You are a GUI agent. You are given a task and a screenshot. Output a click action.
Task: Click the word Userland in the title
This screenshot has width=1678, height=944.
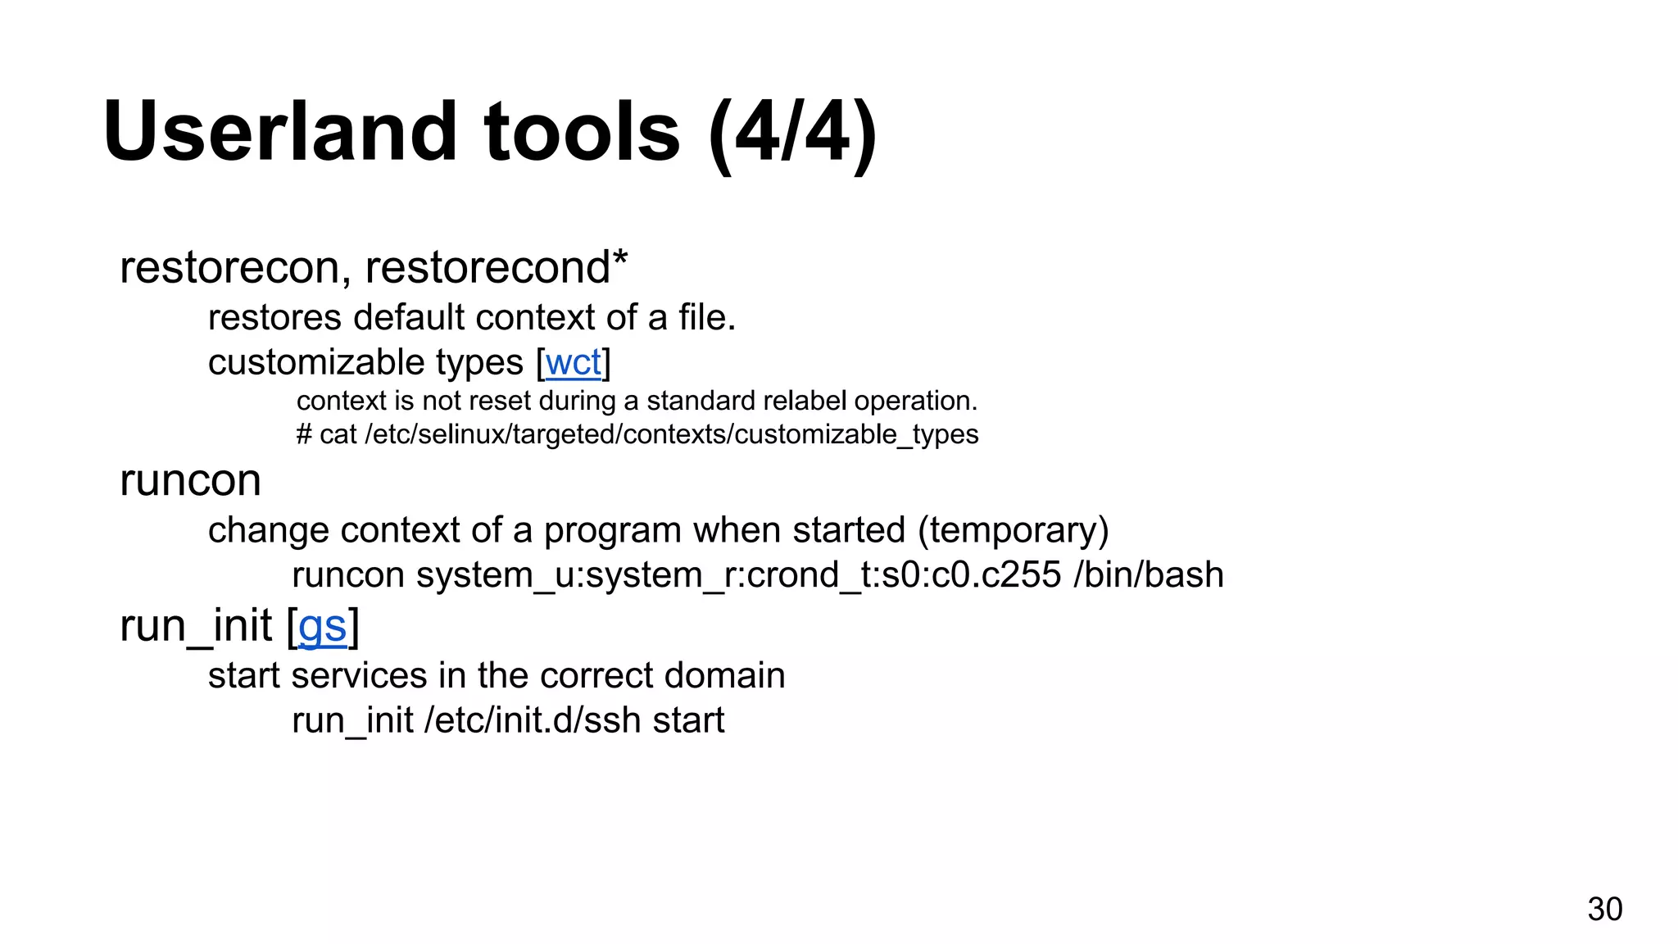tap(279, 132)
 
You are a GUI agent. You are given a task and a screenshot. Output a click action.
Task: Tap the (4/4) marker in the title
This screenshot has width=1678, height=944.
tap(792, 134)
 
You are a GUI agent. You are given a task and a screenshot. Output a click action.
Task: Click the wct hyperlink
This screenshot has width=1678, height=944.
tap(573, 363)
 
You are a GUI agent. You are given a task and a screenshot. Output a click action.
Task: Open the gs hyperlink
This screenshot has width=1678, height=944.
tap(322, 627)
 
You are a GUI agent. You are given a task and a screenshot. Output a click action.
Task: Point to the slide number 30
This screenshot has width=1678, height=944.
tap(1604, 909)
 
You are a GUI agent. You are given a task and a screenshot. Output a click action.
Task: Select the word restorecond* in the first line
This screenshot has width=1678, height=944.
tap(496, 267)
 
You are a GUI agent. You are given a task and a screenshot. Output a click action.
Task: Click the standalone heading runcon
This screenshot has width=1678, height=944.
tap(190, 480)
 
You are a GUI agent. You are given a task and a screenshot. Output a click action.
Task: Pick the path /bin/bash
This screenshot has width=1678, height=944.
tap(1148, 574)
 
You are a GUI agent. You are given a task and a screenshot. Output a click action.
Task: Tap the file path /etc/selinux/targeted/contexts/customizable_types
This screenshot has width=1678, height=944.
tap(671, 434)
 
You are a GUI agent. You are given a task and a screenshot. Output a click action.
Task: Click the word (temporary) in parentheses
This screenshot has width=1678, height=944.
tap(1013, 530)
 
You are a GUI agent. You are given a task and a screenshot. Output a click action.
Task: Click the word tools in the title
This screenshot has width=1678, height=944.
tap(582, 132)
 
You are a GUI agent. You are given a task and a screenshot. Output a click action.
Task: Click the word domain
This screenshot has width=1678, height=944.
tap(724, 676)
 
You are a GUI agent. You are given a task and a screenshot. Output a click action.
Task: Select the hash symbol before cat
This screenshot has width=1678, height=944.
tap(304, 434)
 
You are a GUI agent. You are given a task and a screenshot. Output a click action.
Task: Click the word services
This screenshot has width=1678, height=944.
tap(359, 676)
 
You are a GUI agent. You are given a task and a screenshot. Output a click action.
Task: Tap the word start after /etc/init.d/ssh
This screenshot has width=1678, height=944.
tap(688, 721)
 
